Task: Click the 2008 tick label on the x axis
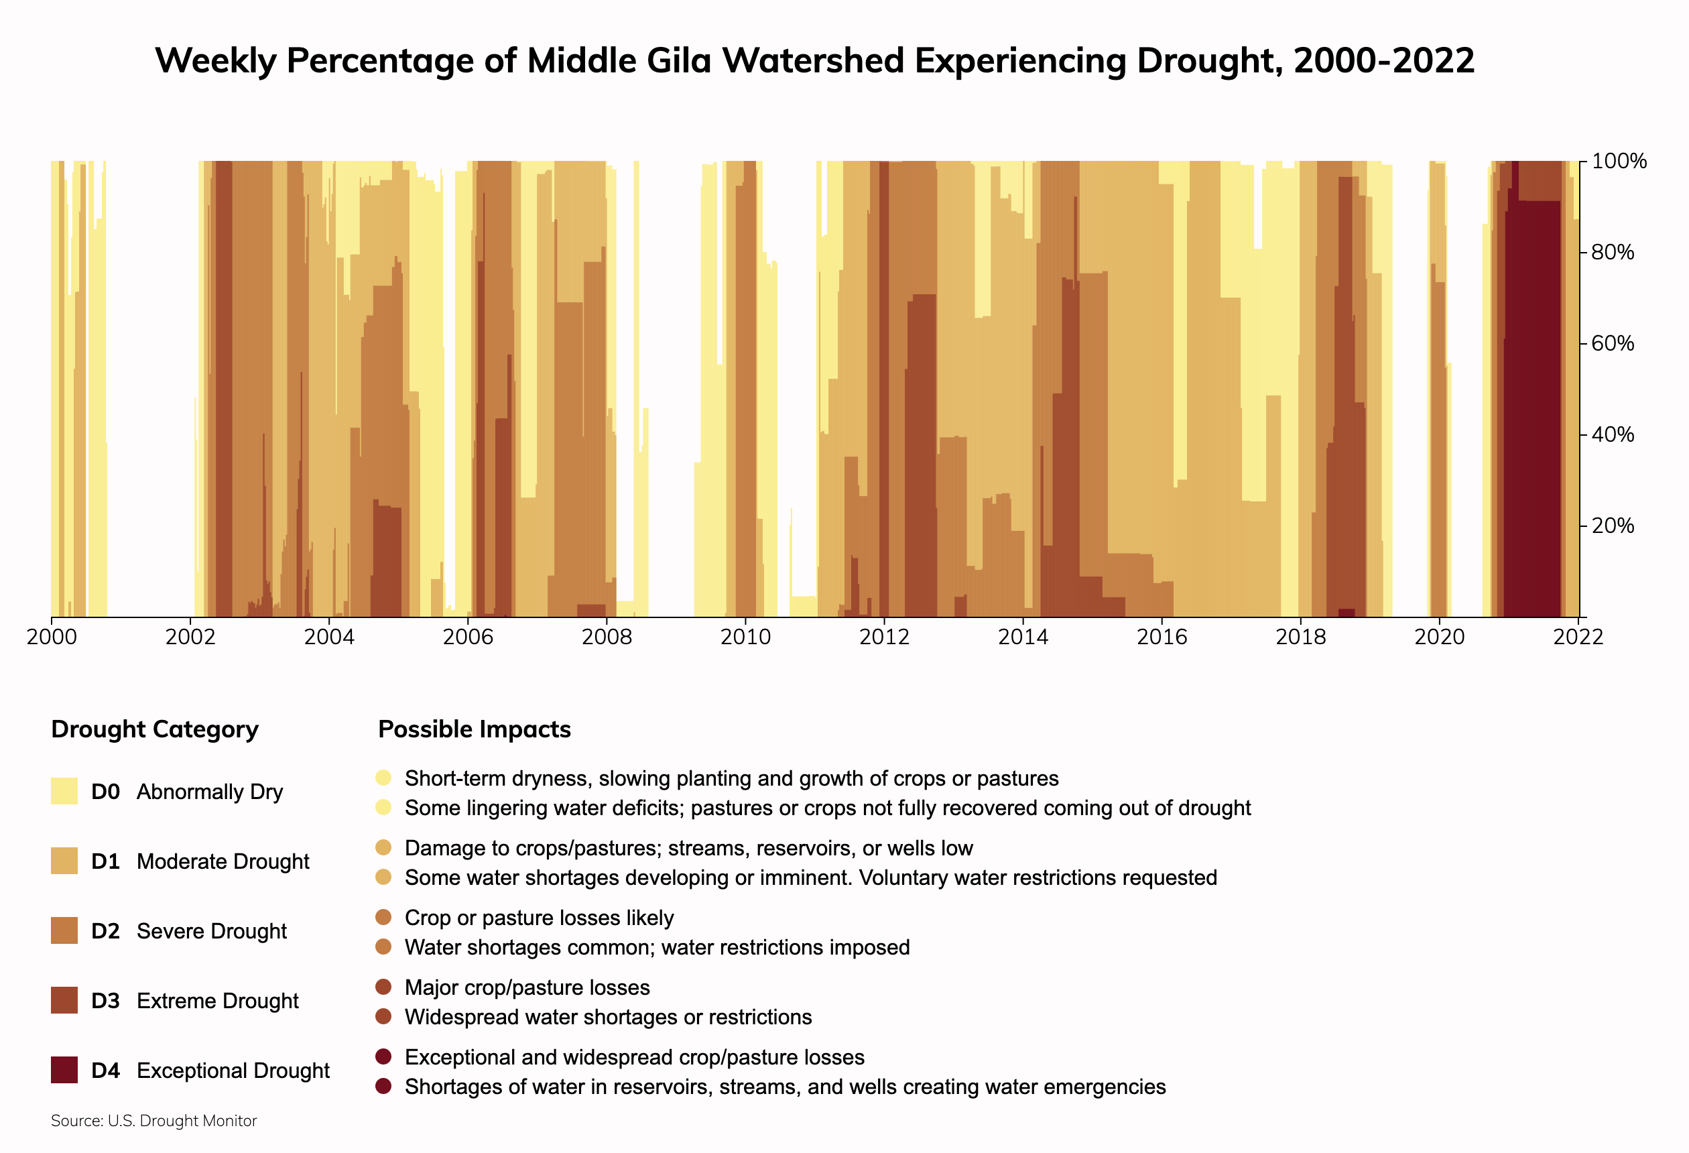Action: [x=606, y=638]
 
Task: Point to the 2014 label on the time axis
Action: [x=1023, y=638]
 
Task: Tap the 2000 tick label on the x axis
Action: [x=52, y=638]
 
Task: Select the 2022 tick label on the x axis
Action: [x=1578, y=638]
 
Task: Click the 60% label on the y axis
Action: [x=1613, y=343]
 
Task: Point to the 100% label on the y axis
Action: [x=1619, y=162]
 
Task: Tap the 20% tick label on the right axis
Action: [x=1613, y=526]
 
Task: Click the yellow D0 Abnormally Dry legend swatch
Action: [x=64, y=791]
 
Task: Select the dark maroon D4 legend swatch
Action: [x=64, y=1070]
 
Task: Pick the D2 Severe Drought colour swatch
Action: [x=64, y=930]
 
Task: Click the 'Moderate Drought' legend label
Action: [x=223, y=861]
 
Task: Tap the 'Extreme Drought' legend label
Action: [x=217, y=1001]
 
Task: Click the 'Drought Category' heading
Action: [x=155, y=729]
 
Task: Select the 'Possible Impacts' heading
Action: [x=475, y=729]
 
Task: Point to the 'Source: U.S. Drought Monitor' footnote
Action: [x=154, y=1121]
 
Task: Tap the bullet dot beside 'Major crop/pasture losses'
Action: [x=384, y=987]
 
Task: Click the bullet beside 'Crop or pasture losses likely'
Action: [x=384, y=917]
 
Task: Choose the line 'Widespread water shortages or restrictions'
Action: [x=609, y=1017]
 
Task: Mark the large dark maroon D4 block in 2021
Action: [x=1532, y=407]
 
